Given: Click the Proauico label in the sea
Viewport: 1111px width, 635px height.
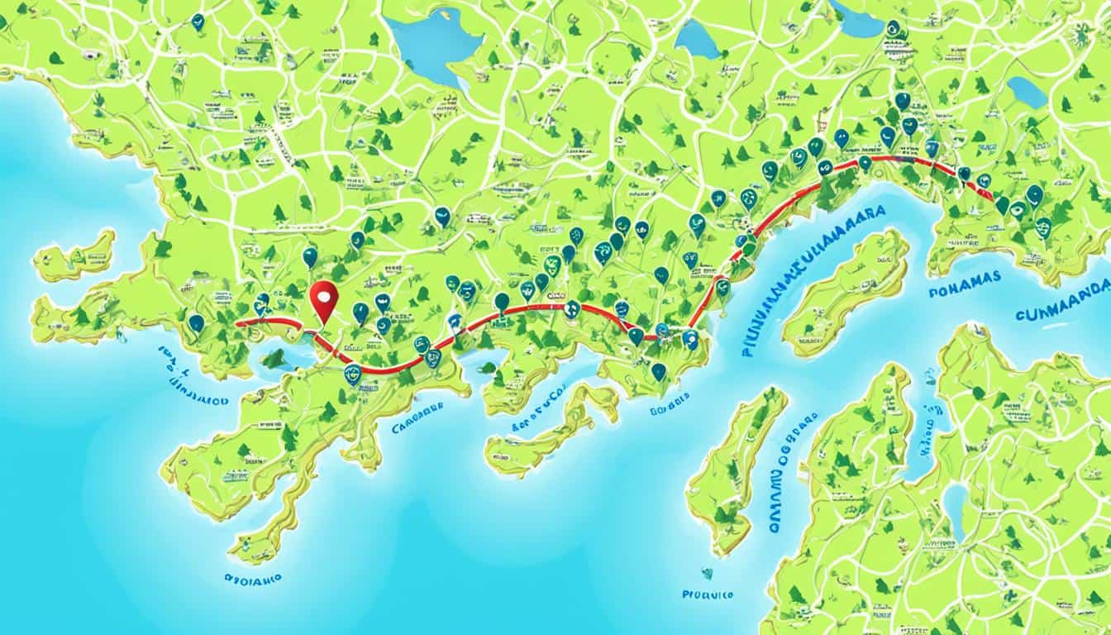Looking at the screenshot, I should [708, 593].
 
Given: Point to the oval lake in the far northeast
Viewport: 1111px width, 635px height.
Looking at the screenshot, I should [1027, 92].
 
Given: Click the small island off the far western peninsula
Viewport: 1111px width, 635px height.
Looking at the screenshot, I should [76, 257].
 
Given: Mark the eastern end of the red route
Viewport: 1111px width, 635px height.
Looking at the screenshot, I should [992, 196].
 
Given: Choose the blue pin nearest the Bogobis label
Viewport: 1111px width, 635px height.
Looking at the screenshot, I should [658, 371].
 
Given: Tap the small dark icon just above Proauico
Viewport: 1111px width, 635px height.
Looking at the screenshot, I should [707, 572].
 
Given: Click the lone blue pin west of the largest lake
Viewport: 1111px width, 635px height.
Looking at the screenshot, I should [198, 22].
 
